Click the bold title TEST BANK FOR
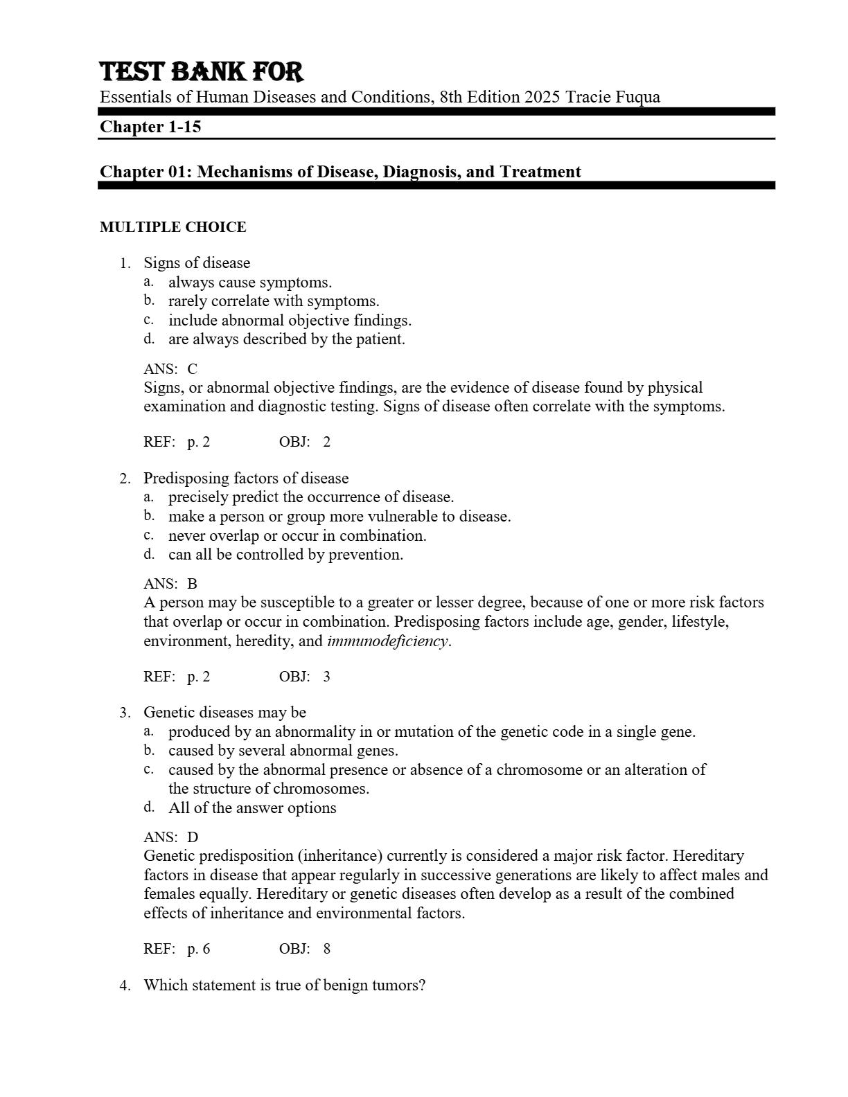click(202, 72)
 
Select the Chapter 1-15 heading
click(150, 127)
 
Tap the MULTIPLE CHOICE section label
click(173, 227)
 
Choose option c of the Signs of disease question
click(290, 321)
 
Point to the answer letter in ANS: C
click(192, 369)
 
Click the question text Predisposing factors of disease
click(246, 479)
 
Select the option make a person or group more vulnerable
click(339, 517)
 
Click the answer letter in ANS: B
click(192, 584)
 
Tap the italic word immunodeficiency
click(387, 641)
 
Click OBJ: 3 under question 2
click(305, 677)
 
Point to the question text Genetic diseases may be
click(224, 713)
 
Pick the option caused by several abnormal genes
click(283, 751)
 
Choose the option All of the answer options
click(252, 808)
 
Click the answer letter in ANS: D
click(193, 837)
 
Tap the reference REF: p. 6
click(177, 949)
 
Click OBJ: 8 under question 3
click(305, 949)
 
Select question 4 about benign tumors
click(284, 985)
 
